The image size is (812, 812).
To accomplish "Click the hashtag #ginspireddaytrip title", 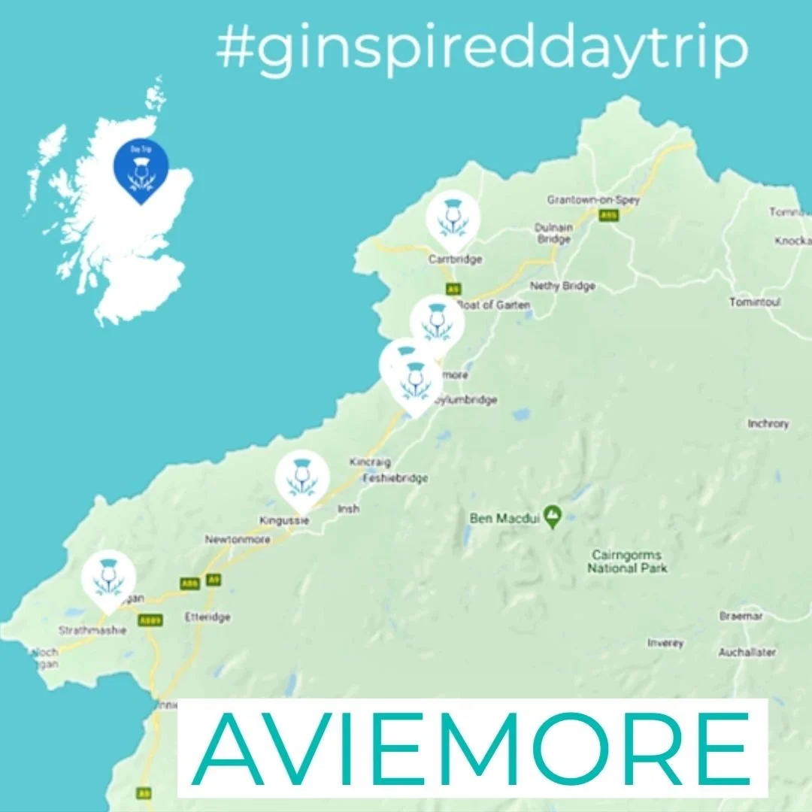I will pos(482,48).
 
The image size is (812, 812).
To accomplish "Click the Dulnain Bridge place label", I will pos(553,233).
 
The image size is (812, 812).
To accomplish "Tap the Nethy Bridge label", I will pos(562,286).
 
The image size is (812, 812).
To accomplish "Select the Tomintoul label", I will pos(755,301).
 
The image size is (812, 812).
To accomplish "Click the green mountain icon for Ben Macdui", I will pos(553,517).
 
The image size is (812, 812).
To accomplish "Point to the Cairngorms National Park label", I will pos(628,562).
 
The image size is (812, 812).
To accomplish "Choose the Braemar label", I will pos(741,616).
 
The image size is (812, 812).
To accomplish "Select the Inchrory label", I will pos(768,423).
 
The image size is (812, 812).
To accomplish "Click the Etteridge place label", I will pos(208,617).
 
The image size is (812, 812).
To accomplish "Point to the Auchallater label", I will pos(747,653).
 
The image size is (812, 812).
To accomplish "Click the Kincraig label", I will pos(369,461).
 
